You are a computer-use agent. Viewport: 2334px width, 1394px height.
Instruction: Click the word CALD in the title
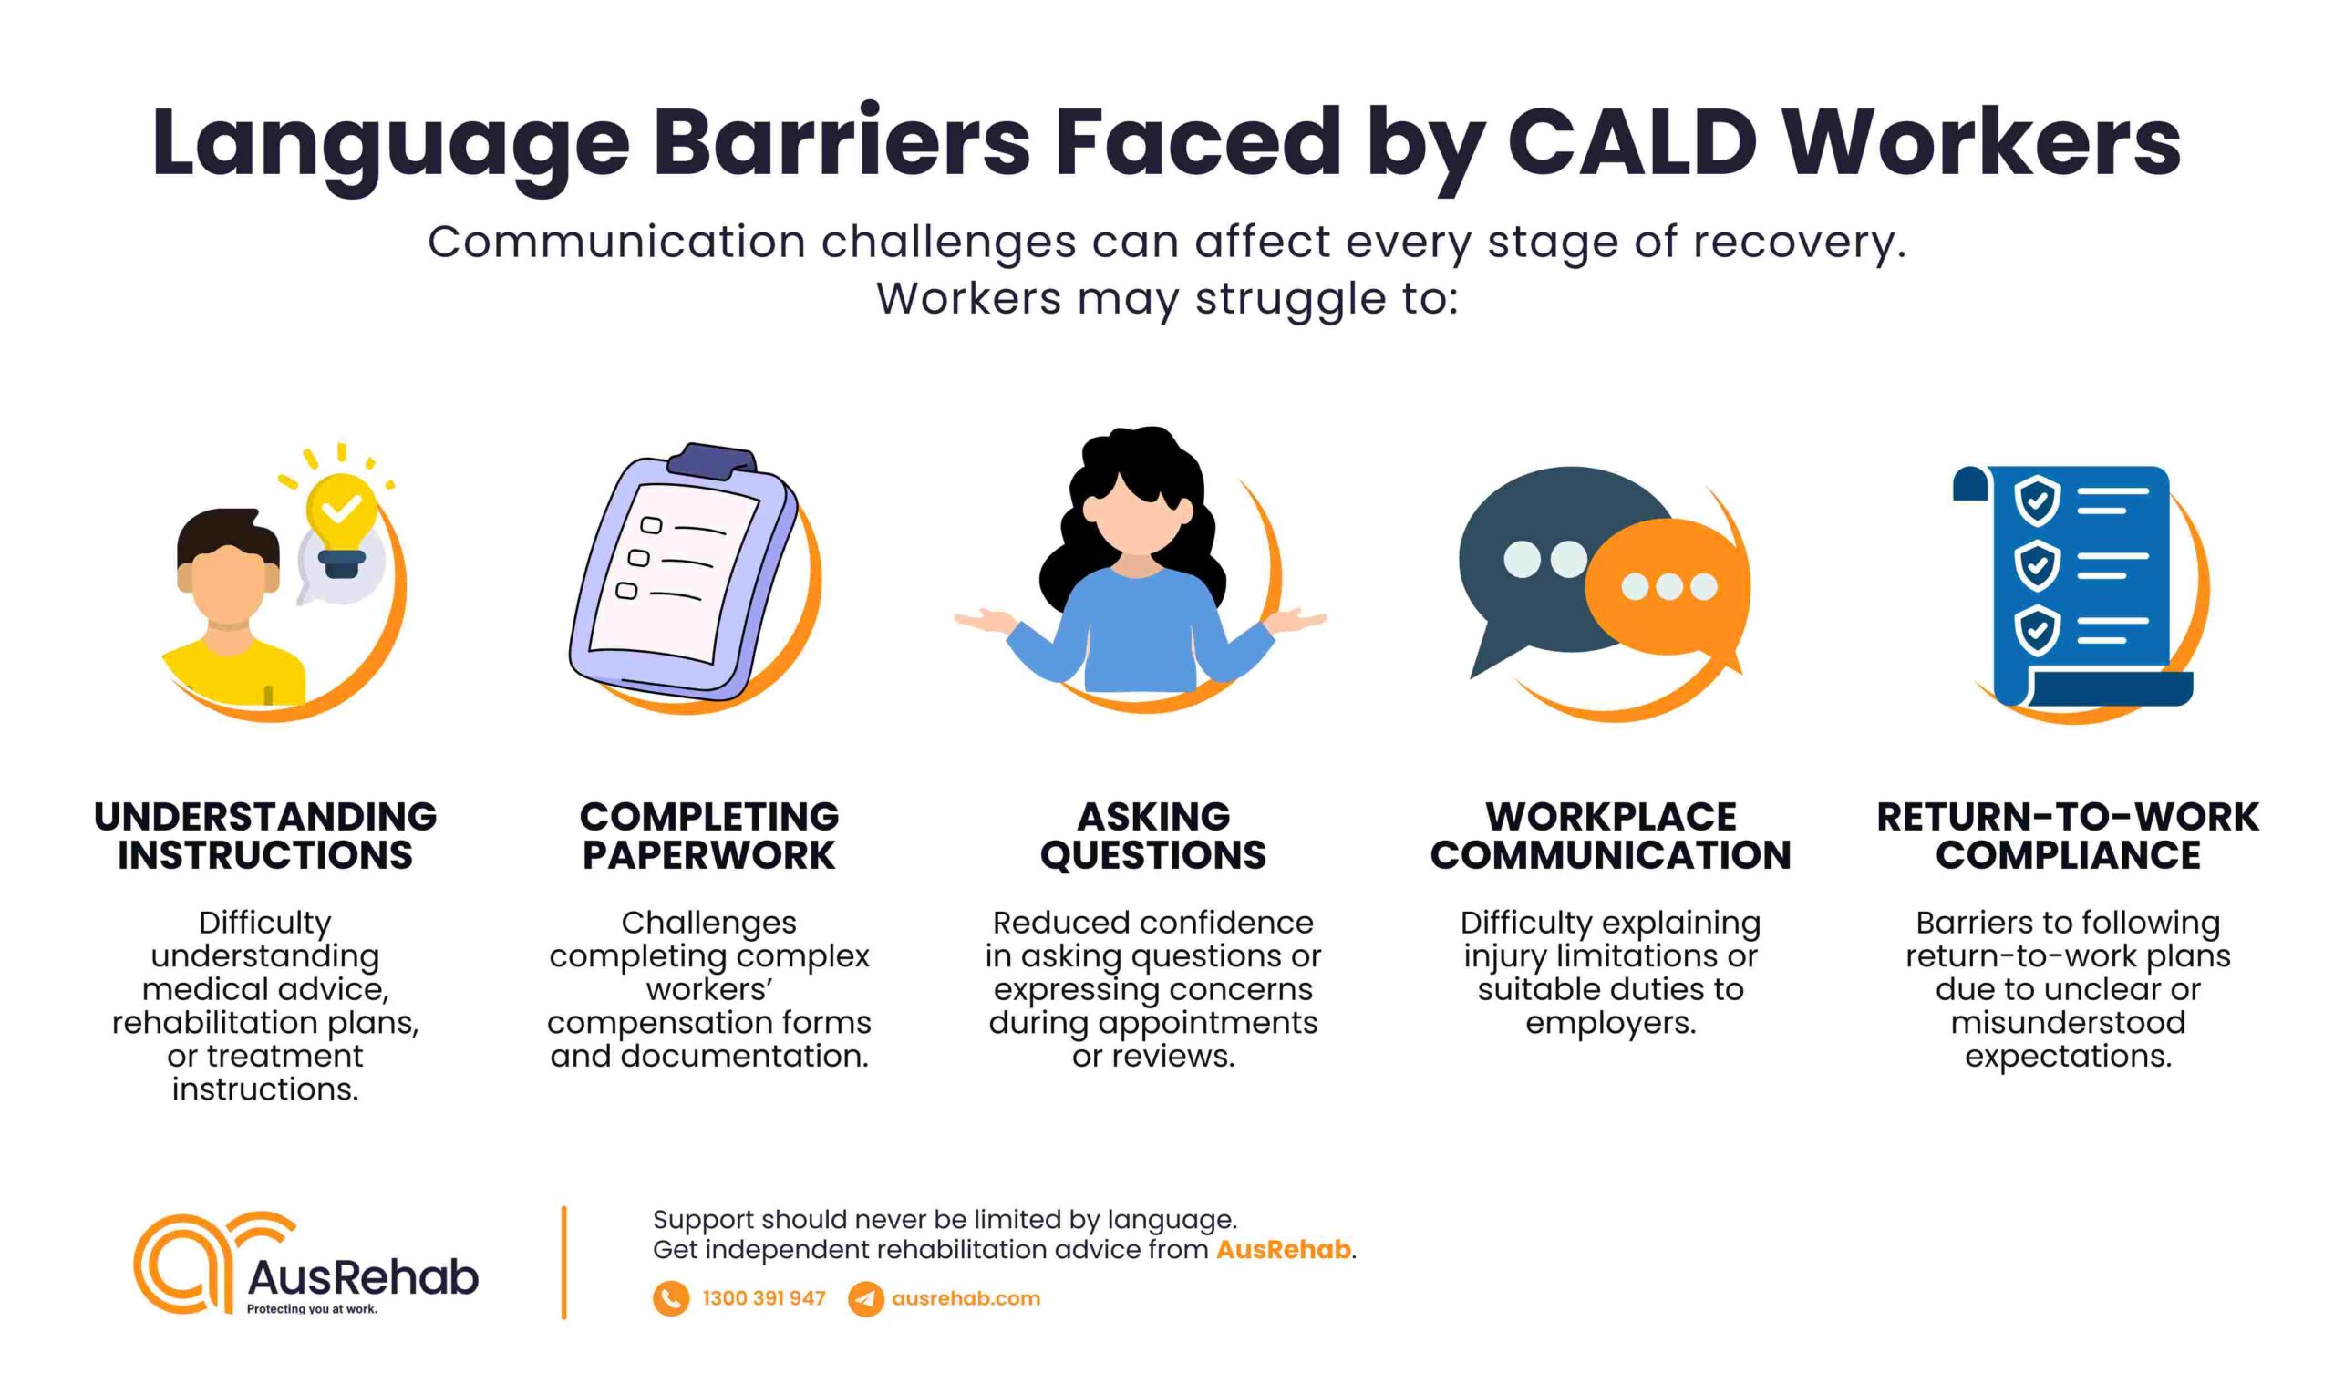[1632, 143]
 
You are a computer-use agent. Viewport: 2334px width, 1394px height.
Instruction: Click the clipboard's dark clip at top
[711, 461]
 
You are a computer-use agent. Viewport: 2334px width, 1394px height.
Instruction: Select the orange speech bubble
[1668, 586]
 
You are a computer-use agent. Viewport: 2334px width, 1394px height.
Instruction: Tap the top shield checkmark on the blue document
[2036, 500]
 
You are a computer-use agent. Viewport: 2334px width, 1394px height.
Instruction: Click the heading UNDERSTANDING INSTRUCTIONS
[266, 836]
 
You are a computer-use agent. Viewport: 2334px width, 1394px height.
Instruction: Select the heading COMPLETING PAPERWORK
[709, 836]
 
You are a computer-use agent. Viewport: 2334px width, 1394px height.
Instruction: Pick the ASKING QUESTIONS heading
[1153, 836]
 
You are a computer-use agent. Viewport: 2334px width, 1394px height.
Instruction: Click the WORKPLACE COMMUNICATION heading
[1611, 836]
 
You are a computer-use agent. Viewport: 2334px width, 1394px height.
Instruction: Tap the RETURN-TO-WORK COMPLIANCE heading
[2068, 836]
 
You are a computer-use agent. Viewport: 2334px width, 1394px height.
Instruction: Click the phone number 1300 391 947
[764, 1298]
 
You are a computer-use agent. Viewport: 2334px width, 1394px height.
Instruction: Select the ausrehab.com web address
[966, 1298]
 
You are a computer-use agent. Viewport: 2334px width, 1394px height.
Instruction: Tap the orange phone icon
[671, 1299]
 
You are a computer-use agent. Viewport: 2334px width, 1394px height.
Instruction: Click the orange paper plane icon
[865, 1299]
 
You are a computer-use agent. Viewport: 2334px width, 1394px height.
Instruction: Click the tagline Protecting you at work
[312, 1308]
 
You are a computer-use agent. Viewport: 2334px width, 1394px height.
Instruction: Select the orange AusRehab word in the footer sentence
[1283, 1249]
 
